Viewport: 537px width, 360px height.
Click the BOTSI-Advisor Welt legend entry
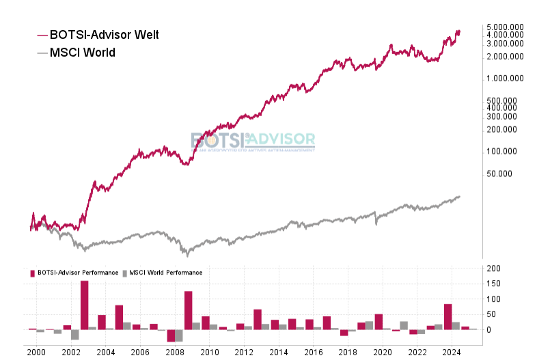104,34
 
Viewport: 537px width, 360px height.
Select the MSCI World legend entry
82,52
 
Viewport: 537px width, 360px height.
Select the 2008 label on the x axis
175,352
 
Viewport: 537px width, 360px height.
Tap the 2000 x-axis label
37,352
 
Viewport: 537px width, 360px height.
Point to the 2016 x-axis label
313,352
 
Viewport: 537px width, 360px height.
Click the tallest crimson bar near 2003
84,305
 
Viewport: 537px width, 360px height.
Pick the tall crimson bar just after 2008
188,310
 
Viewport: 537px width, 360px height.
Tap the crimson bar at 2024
447,316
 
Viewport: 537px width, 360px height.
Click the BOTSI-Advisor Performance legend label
77,273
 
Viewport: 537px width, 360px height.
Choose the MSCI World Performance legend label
165,273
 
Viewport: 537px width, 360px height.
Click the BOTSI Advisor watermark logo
253,141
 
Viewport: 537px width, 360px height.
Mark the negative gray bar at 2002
74,334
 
